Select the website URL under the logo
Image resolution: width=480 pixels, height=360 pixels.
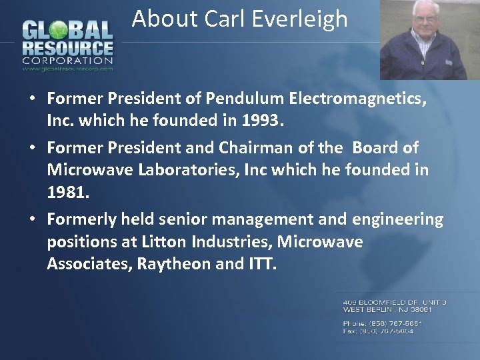click(68, 68)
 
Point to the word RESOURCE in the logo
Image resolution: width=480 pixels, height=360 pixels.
click(68, 48)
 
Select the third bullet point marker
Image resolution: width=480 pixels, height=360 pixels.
click(32, 219)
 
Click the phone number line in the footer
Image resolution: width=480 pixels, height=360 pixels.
click(383, 323)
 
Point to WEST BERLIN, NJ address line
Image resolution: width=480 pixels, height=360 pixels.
click(388, 309)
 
